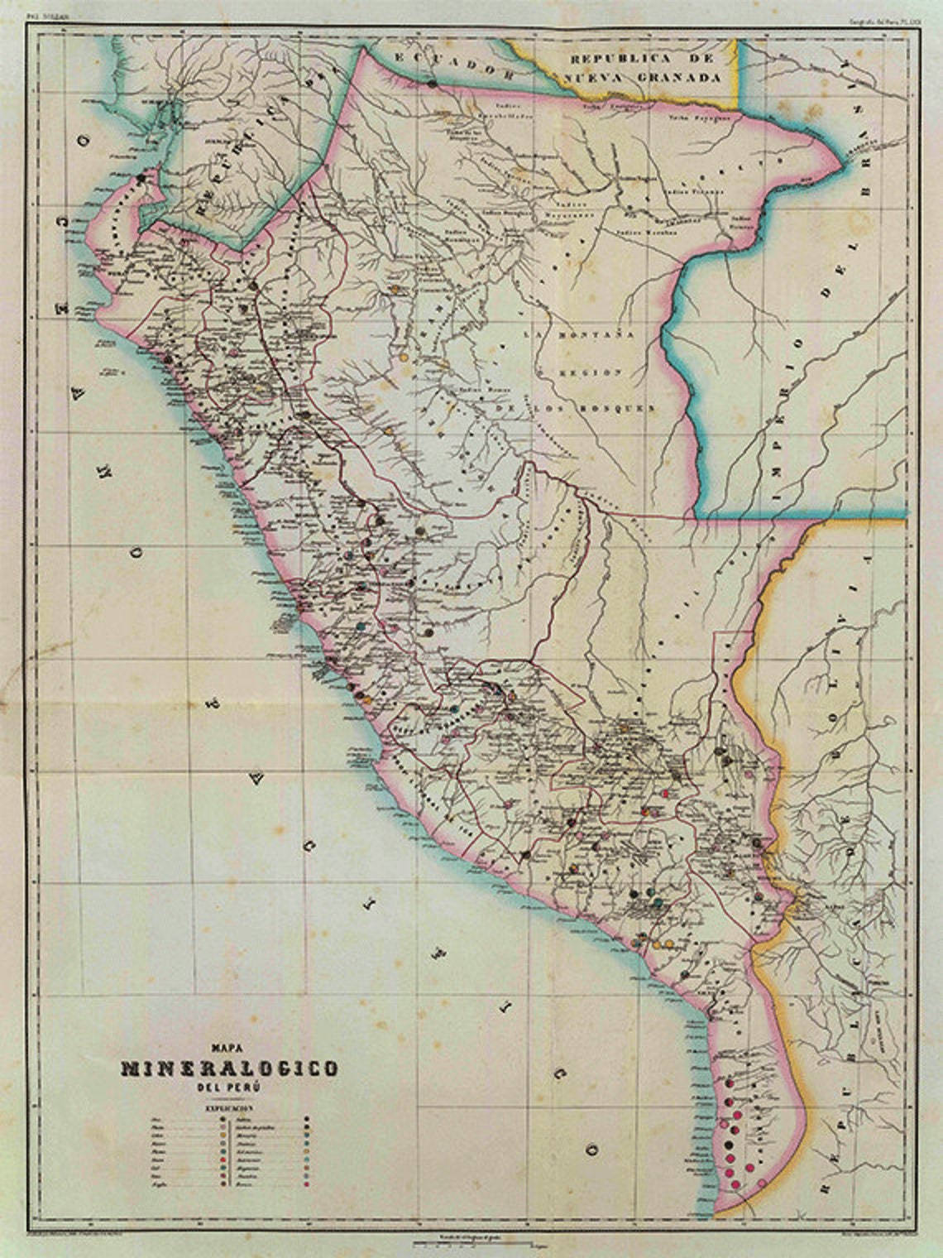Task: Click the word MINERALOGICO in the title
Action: [229, 1068]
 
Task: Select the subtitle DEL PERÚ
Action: [228, 1088]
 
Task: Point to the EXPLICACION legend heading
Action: [228, 1105]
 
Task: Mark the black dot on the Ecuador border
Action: [432, 83]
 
